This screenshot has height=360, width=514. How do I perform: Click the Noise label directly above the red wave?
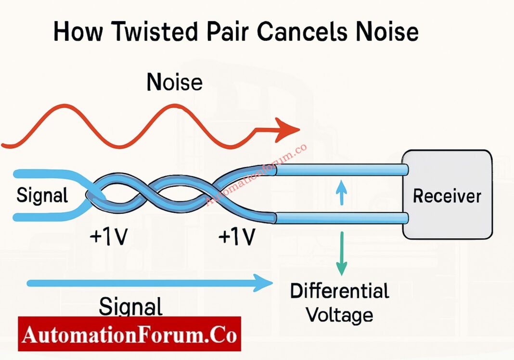pyautogui.click(x=174, y=82)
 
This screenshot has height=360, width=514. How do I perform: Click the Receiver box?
pyautogui.click(x=447, y=195)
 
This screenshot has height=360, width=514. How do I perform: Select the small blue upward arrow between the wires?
pyautogui.click(x=341, y=193)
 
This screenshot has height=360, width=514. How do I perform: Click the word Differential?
pyautogui.click(x=339, y=291)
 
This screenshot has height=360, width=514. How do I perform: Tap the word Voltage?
pyautogui.click(x=339, y=315)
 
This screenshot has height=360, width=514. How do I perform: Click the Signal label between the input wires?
pyautogui.click(x=42, y=195)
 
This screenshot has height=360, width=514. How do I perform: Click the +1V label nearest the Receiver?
pyautogui.click(x=236, y=237)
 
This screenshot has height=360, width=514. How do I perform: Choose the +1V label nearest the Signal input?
pyautogui.click(x=108, y=237)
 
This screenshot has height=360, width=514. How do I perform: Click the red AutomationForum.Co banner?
pyautogui.click(x=129, y=334)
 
